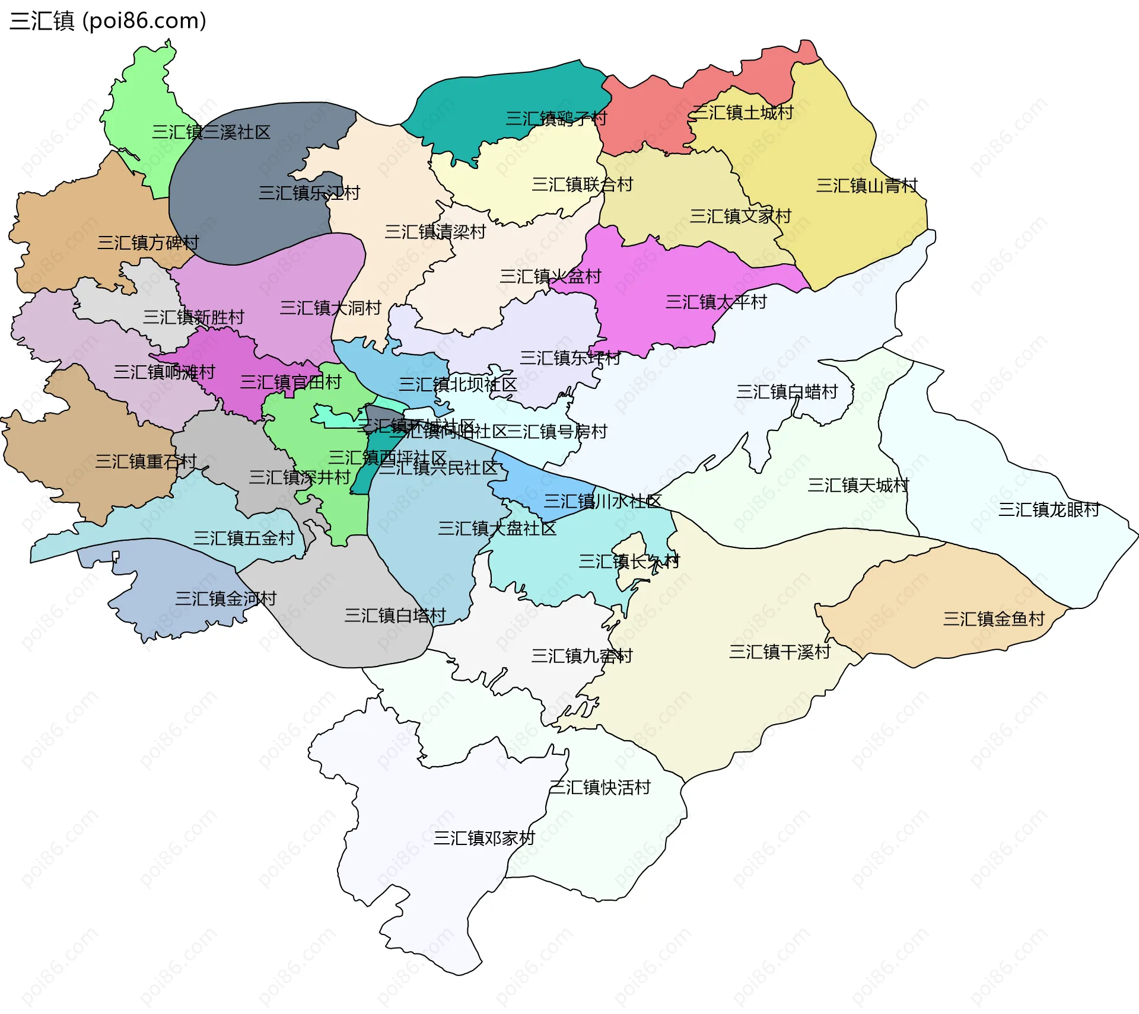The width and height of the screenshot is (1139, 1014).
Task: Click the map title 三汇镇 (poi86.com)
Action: [x=108, y=21]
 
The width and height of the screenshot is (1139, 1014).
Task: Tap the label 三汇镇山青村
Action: [x=867, y=186]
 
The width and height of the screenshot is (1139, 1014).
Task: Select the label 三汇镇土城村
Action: [x=742, y=113]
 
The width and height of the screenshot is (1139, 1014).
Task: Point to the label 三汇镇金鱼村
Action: [x=994, y=619]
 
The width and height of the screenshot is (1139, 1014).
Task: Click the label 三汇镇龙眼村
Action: [x=1049, y=510]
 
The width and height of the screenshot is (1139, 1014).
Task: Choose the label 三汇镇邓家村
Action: [x=484, y=838]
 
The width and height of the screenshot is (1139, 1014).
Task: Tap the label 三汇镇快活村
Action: [x=600, y=787]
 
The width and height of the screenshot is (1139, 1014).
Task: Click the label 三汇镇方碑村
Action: [x=148, y=243]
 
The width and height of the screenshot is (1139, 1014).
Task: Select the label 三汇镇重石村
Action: [x=146, y=462]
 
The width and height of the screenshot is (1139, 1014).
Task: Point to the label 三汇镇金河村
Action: [x=225, y=599]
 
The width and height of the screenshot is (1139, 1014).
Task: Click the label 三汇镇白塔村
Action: [x=395, y=616]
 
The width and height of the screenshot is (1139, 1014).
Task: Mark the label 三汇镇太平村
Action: [x=716, y=302]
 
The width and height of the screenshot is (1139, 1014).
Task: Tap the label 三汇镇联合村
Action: [x=582, y=185]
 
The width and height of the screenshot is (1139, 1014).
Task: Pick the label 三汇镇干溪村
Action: [x=780, y=652]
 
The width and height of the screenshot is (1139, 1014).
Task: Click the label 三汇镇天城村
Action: [x=858, y=486]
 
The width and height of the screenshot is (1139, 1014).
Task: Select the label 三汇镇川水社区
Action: [x=603, y=502]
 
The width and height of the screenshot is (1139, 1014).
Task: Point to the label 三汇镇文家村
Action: [x=740, y=216]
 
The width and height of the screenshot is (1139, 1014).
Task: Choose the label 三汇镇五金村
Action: [x=244, y=538]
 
